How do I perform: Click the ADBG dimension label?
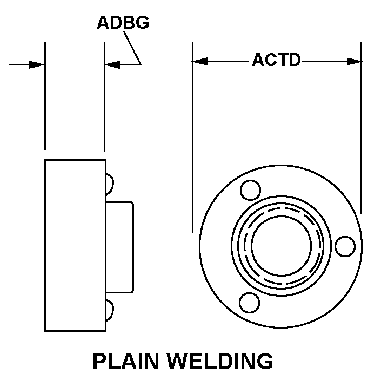123,23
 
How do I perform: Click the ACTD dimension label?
276,60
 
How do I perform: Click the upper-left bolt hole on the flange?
250,190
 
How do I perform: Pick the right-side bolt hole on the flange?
345,246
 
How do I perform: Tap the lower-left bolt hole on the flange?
249,302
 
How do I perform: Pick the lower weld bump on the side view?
109,310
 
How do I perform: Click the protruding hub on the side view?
119,247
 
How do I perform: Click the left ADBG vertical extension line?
45,97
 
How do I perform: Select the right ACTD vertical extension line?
362,135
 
